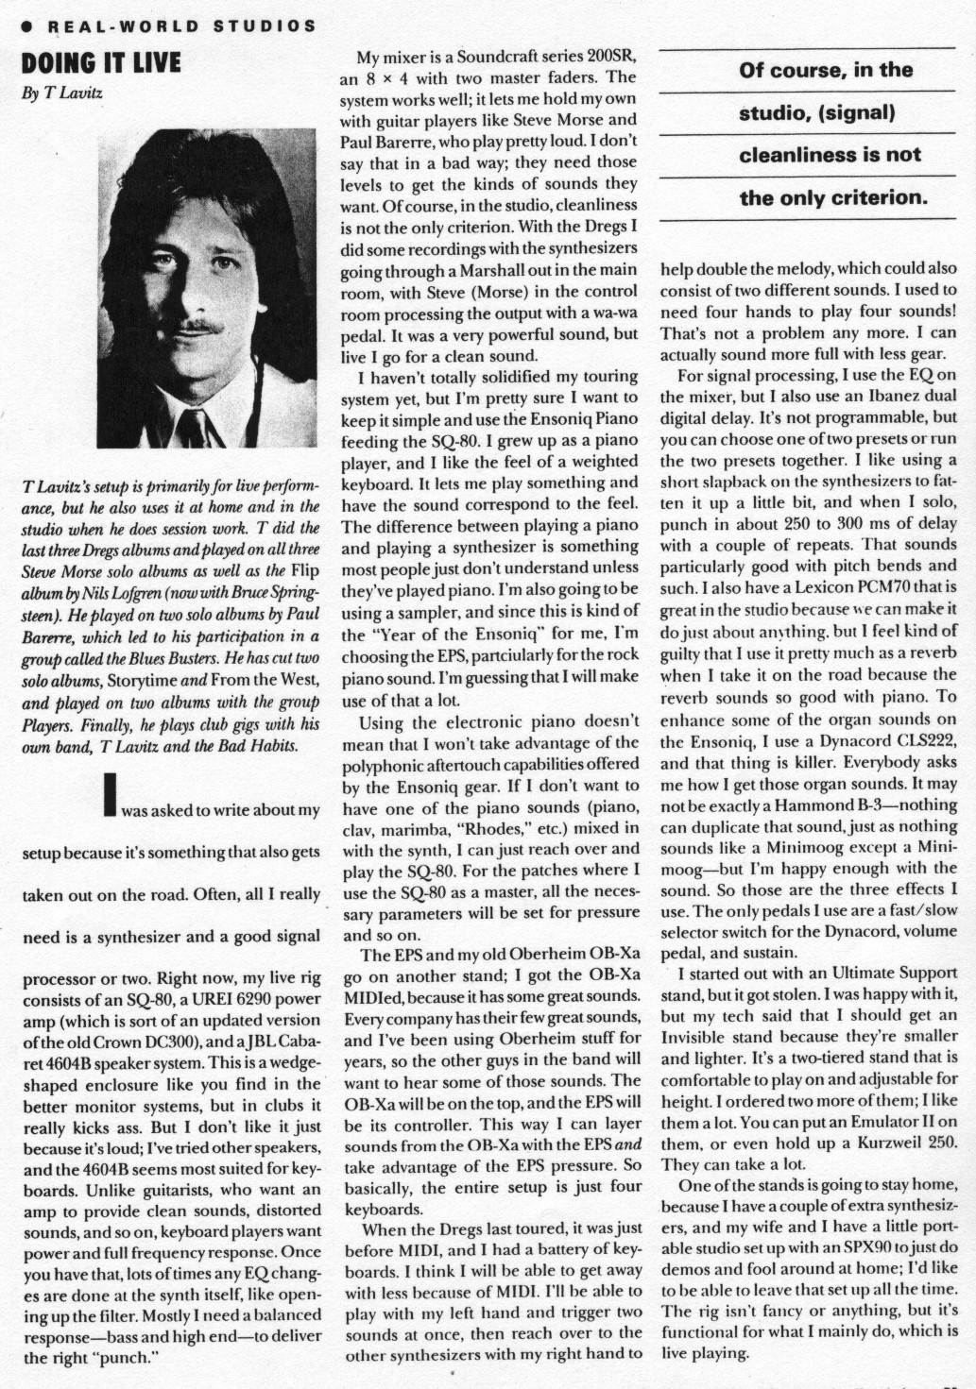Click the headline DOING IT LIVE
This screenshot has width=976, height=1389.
coord(100,64)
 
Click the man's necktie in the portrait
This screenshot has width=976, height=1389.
coord(192,427)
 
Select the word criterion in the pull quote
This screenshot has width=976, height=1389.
coord(874,197)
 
